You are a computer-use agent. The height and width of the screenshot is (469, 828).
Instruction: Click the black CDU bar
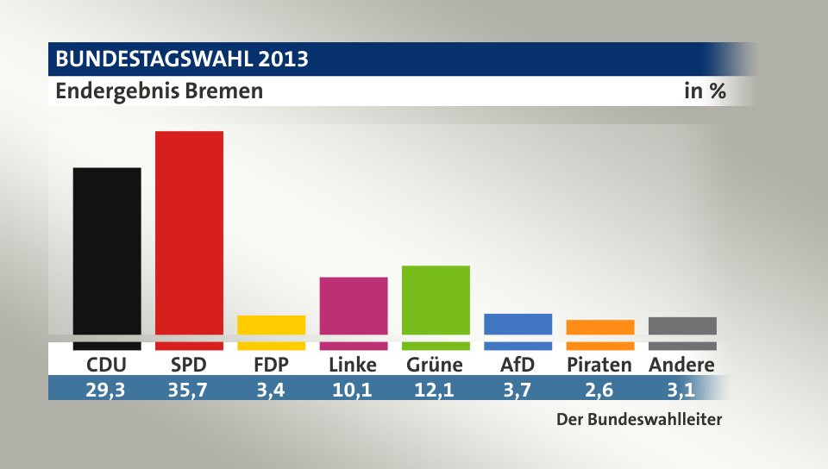pos(107,250)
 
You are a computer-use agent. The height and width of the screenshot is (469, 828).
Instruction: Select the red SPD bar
pos(189,233)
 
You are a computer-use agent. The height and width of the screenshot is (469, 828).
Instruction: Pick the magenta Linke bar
pos(354,305)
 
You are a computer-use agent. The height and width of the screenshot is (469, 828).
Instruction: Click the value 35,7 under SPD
pos(189,389)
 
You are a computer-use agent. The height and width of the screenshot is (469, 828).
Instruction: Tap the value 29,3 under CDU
pos(107,389)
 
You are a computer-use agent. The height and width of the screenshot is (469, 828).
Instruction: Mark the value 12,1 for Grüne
pos(436,389)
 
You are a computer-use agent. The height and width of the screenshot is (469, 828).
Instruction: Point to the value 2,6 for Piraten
pos(600,389)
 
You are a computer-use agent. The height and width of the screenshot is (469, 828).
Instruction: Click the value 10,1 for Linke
pos(354,389)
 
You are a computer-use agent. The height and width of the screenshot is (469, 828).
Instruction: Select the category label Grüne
pos(435,365)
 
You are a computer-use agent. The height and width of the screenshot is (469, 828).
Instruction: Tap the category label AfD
pos(518,365)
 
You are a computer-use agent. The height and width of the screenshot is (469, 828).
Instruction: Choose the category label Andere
pos(681,365)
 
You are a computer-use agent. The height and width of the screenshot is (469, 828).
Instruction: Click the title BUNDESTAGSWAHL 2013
pos(182,59)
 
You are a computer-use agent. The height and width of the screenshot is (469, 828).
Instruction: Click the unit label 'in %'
pos(705,91)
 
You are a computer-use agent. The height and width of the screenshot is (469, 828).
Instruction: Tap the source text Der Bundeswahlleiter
pos(638,420)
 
